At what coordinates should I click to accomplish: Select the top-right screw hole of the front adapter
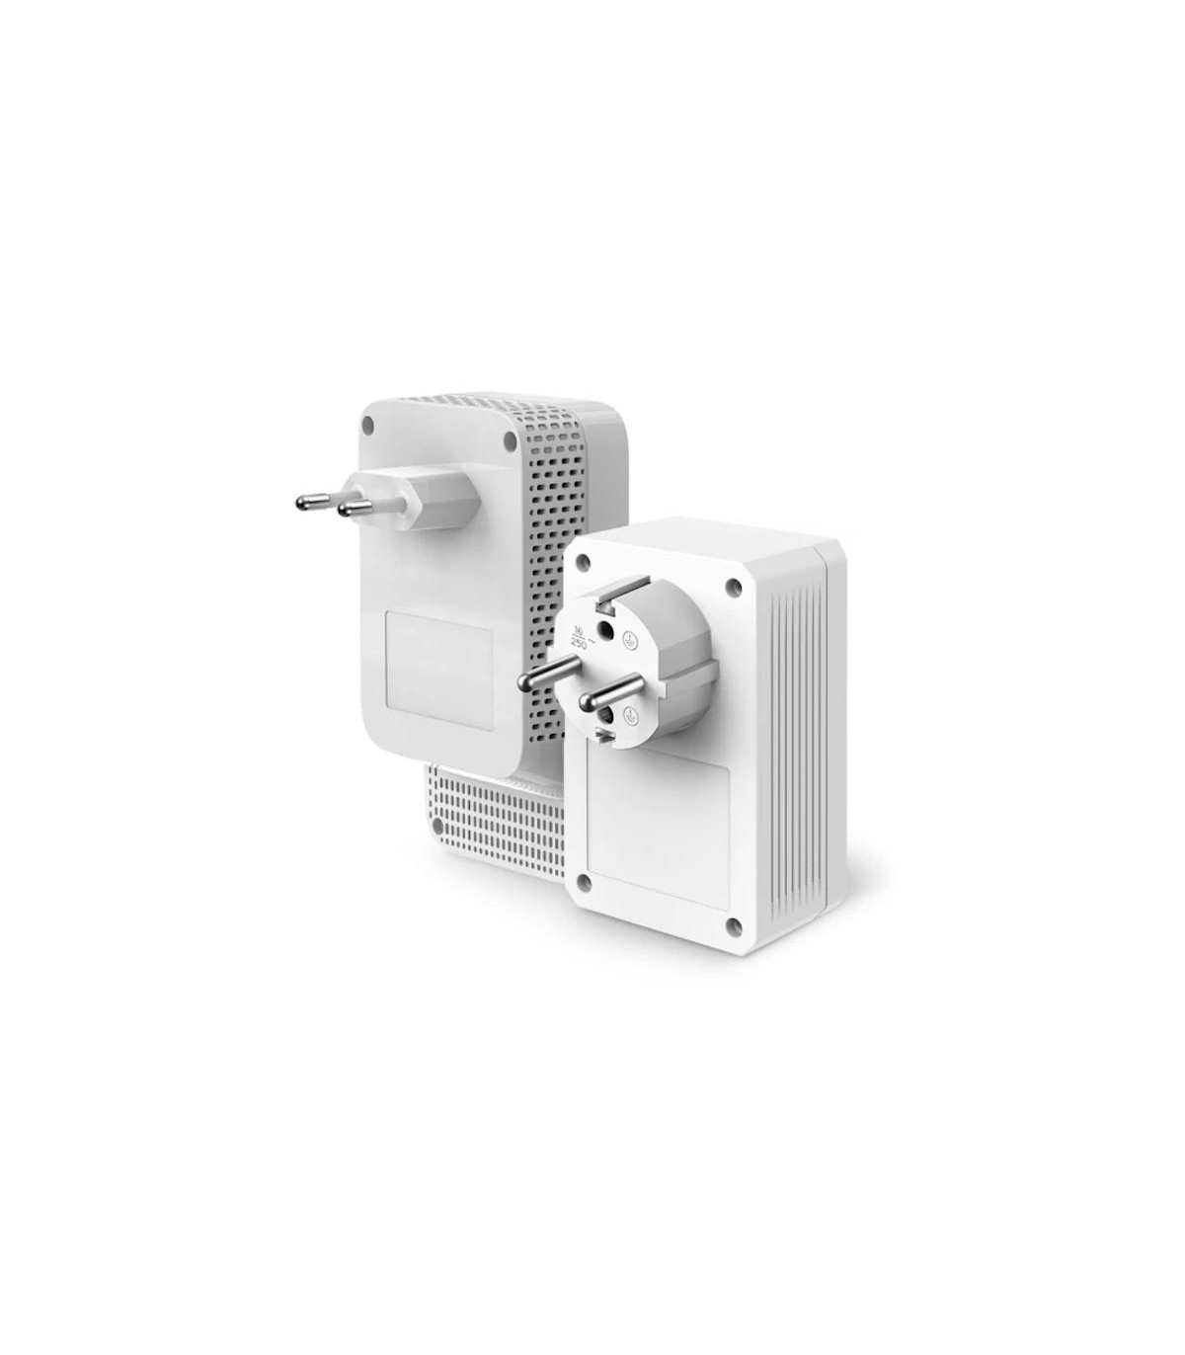733,588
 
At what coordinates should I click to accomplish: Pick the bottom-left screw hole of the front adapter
583,878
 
